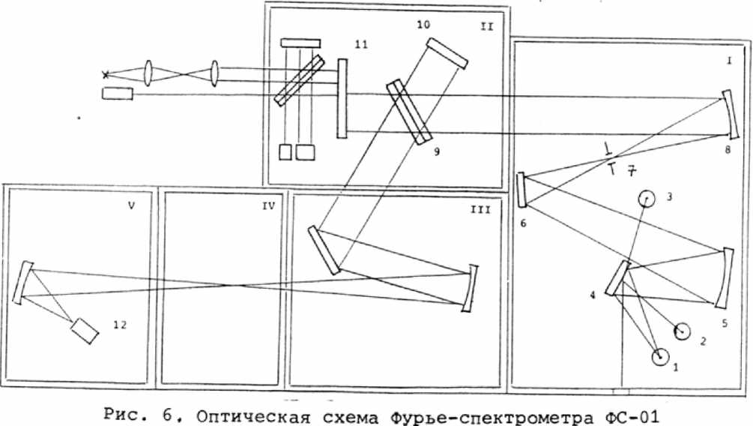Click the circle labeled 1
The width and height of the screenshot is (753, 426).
pyautogui.click(x=660, y=358)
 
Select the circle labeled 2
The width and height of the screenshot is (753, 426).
pyautogui.click(x=682, y=331)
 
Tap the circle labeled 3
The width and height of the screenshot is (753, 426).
pyautogui.click(x=646, y=198)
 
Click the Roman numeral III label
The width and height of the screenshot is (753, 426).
pyautogui.click(x=479, y=210)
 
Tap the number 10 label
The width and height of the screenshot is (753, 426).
pyautogui.click(x=423, y=25)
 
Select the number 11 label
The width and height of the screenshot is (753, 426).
pyautogui.click(x=360, y=45)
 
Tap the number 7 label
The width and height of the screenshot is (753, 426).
pyautogui.click(x=632, y=170)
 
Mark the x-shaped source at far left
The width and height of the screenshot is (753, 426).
pyautogui.click(x=106, y=73)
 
